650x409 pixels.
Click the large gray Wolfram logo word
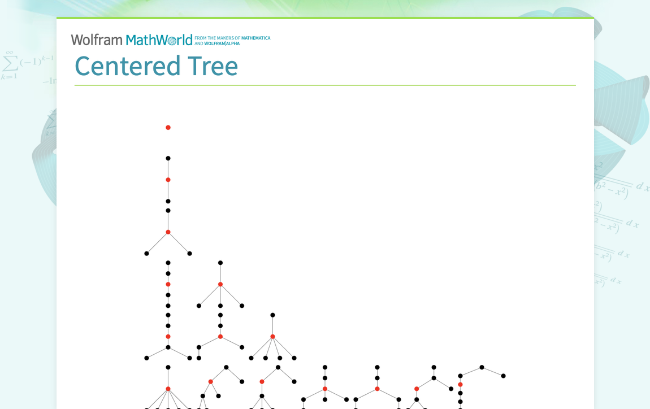click(x=97, y=40)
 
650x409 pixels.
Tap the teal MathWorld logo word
click(x=159, y=40)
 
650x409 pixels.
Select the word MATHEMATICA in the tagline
click(x=255, y=38)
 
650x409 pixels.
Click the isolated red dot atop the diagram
click(x=168, y=128)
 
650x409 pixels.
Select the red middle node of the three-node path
click(x=168, y=180)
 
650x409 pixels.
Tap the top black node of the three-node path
click(x=168, y=158)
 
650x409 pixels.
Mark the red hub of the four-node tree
click(x=168, y=232)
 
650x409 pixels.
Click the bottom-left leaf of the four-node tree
click(x=146, y=254)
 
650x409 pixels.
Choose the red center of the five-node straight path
click(x=168, y=284)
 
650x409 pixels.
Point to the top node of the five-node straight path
click(x=168, y=263)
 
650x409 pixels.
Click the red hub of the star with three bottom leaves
click(x=220, y=284)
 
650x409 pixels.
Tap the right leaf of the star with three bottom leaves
click(x=242, y=306)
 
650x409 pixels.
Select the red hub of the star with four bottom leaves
click(x=272, y=337)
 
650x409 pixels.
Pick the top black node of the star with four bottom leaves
click(x=272, y=315)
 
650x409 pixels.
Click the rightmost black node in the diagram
click(x=503, y=376)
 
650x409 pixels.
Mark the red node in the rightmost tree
click(x=460, y=385)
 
